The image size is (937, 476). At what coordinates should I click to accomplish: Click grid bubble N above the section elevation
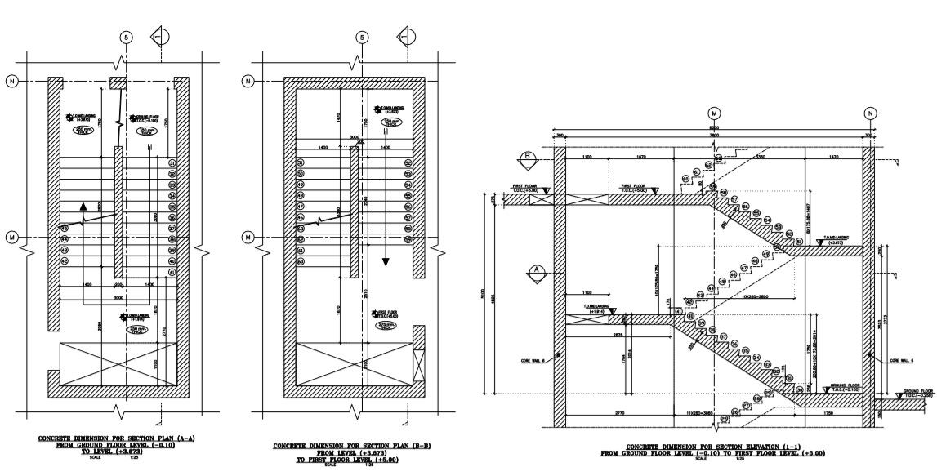click(871, 113)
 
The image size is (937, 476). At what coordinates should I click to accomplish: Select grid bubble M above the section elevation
click(715, 113)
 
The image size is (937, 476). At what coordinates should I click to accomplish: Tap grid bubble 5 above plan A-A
click(126, 37)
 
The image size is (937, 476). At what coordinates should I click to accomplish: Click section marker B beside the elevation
click(529, 157)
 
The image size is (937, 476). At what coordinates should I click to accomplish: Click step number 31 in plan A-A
click(172, 163)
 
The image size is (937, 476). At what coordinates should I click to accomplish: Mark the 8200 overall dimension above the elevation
click(715, 128)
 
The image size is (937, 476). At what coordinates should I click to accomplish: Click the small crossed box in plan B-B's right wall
click(420, 360)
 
